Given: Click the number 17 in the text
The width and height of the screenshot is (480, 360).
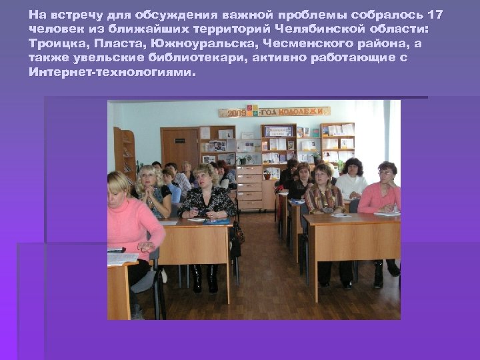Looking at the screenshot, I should pos(435,15).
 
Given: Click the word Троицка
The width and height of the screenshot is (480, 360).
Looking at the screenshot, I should pos(55,44).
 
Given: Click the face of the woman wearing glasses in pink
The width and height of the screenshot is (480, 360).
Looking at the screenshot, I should pos(385,173).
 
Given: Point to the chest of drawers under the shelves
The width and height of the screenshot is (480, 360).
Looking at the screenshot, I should pos(249,187).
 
